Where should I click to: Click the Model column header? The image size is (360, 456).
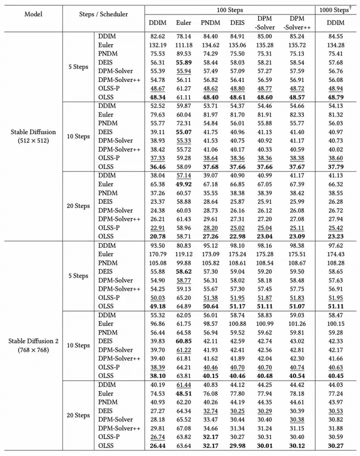click(x=33, y=14)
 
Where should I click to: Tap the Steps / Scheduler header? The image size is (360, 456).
click(x=103, y=14)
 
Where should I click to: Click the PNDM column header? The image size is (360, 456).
click(x=210, y=22)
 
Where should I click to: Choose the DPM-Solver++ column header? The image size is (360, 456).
click(x=297, y=22)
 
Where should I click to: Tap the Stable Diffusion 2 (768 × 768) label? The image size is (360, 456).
click(x=33, y=345)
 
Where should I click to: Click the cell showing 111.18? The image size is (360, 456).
click(x=183, y=45)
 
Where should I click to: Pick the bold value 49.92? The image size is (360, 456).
click(x=183, y=184)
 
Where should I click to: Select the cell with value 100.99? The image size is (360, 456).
click(x=268, y=323)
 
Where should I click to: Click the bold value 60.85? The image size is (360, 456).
click(x=183, y=341)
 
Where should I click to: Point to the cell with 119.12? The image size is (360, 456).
click(x=183, y=254)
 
